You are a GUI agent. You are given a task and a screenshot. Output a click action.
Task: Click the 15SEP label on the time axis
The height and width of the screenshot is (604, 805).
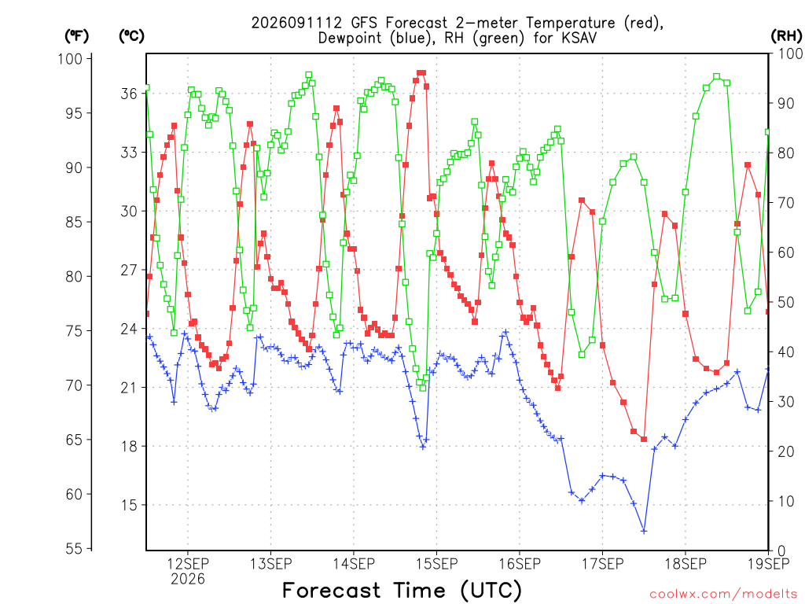pos(437,564)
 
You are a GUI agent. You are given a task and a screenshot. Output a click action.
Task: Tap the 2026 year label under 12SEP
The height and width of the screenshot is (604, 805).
pos(188,579)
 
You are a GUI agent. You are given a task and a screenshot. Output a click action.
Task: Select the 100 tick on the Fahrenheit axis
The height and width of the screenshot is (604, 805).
pos(70,58)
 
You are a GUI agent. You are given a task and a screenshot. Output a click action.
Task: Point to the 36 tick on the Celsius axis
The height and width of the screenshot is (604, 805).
pos(129,94)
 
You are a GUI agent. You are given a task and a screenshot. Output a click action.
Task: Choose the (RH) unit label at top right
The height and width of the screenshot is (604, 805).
pos(786,35)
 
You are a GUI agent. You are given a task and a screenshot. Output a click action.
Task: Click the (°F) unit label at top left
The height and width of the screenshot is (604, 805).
pos(76,36)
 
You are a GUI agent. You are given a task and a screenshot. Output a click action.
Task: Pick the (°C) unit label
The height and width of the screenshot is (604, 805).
pos(131,36)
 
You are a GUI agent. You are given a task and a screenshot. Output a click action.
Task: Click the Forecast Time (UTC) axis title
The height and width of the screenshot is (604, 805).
pos(402,591)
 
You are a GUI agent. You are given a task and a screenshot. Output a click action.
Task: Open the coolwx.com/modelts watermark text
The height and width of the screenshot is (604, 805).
pos(723,595)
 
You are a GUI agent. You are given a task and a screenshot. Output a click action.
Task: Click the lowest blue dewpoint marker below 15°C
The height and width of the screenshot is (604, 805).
pos(644,531)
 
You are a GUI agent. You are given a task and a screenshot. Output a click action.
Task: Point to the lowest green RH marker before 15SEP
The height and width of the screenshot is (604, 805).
pos(423,388)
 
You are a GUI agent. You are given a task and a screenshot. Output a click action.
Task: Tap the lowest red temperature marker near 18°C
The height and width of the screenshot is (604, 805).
pos(644,439)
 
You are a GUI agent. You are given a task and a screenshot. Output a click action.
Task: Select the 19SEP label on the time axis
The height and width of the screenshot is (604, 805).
pos(769,564)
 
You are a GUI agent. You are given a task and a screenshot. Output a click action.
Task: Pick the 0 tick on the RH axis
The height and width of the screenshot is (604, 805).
pos(781,551)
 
